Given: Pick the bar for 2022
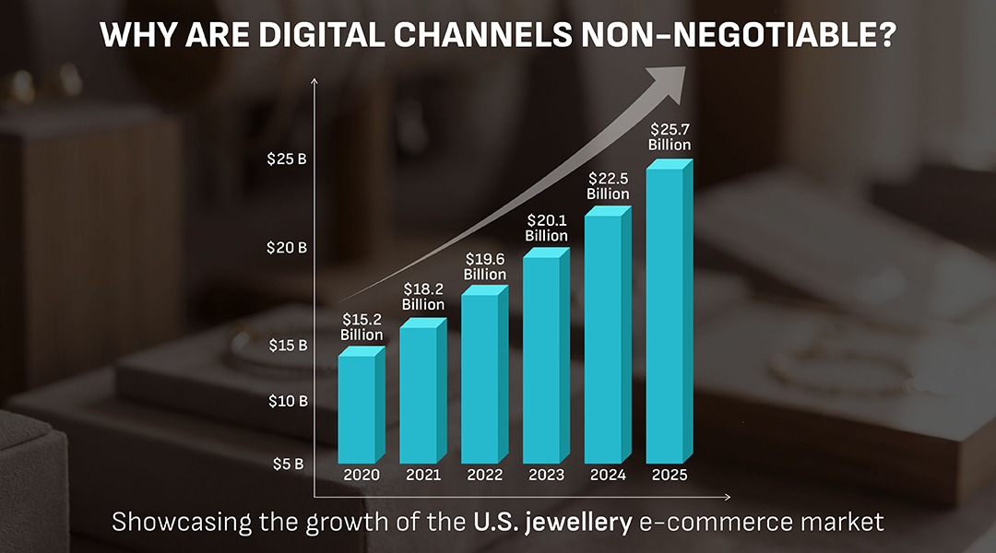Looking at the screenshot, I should click(480, 378).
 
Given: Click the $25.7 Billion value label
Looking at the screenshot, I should click(670, 136).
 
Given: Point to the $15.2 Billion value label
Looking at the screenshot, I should click(362, 326).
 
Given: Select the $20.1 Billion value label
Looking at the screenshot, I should click(547, 228).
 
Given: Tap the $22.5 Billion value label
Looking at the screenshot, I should click(608, 186).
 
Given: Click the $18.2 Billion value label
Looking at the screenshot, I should click(423, 296).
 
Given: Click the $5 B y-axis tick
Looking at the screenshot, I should click(288, 464).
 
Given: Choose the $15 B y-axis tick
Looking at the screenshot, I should click(288, 346).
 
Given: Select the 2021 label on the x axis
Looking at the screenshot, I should click(423, 476).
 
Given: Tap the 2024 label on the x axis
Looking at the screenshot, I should click(608, 476).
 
